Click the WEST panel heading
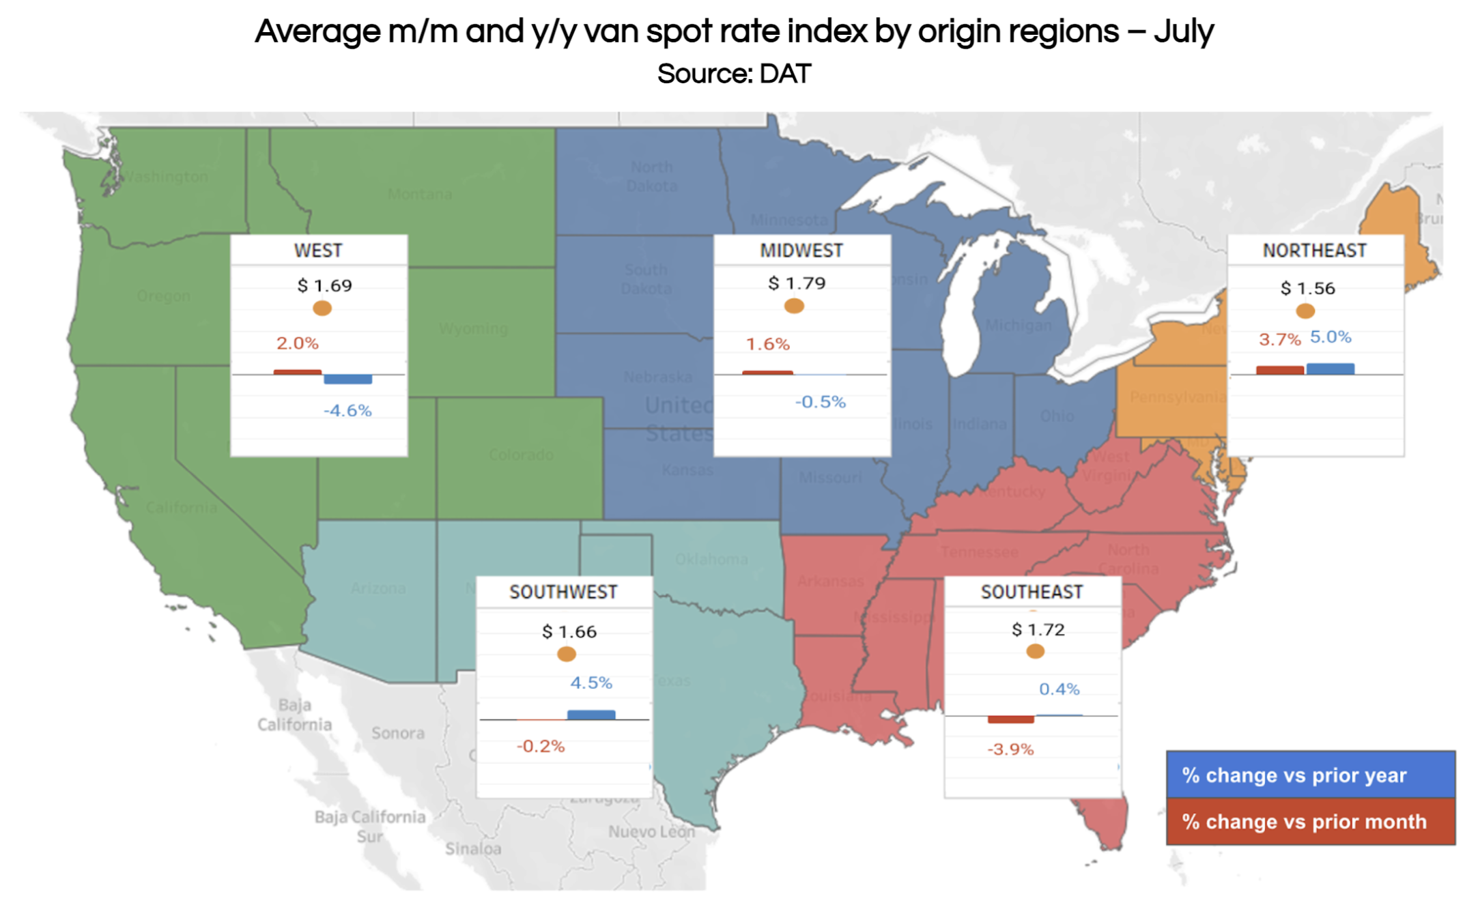pyautogui.click(x=318, y=250)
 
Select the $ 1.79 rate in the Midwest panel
pyautogui.click(x=797, y=283)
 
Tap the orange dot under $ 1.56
pyautogui.click(x=1305, y=311)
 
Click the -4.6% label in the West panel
pyautogui.click(x=347, y=410)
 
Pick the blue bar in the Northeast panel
pyautogui.click(x=1330, y=369)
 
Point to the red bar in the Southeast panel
pyautogui.click(x=1010, y=719)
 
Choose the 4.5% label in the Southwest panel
pyautogui.click(x=591, y=683)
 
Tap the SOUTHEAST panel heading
pyautogui.click(x=1032, y=592)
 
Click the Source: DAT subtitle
pyautogui.click(x=734, y=74)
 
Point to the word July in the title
pyautogui.click(x=1184, y=31)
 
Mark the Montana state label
pyautogui.click(x=420, y=195)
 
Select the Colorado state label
pyautogui.click(x=521, y=455)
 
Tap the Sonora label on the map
pyautogui.click(x=398, y=733)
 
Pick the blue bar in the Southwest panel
pyautogui.click(x=591, y=715)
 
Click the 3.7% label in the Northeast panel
pyautogui.click(x=1279, y=339)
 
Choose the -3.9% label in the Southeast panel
pyautogui.click(x=1010, y=749)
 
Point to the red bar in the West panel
pyautogui.click(x=298, y=372)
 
